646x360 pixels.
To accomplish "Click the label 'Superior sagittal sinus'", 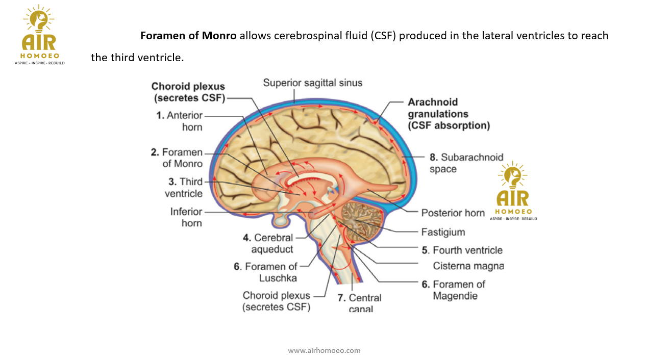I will pyautogui.click(x=312, y=83).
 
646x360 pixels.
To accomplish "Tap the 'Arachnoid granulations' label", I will pyautogui.click(x=448, y=113).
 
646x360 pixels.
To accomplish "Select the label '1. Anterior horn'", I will pyautogui.click(x=179, y=121).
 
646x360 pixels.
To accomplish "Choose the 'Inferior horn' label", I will pyautogui.click(x=186, y=217).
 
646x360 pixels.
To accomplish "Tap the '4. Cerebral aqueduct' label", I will pyautogui.click(x=268, y=244).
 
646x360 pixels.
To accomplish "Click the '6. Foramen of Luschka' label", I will pyautogui.click(x=265, y=272).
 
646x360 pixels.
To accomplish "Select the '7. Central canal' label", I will pyautogui.click(x=359, y=303).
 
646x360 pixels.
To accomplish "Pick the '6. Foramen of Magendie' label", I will pyautogui.click(x=453, y=290).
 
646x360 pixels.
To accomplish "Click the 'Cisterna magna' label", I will pyautogui.click(x=468, y=266).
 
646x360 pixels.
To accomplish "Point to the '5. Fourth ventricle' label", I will pyautogui.click(x=462, y=250).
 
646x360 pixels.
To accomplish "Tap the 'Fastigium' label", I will pyautogui.click(x=443, y=232).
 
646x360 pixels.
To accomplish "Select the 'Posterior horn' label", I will pyautogui.click(x=453, y=213).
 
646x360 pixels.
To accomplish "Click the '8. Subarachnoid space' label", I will pyautogui.click(x=466, y=163).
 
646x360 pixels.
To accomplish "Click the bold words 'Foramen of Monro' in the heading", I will pyautogui.click(x=188, y=36).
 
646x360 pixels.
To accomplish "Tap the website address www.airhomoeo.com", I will pyautogui.click(x=324, y=350).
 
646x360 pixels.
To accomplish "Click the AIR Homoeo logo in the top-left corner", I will pyautogui.click(x=39, y=35).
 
